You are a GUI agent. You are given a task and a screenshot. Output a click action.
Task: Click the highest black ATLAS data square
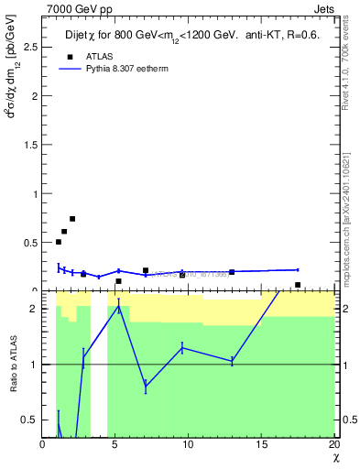(x=72, y=219)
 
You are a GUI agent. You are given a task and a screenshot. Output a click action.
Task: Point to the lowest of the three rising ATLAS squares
(x=59, y=242)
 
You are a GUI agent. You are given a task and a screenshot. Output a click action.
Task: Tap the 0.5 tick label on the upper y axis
(x=28, y=243)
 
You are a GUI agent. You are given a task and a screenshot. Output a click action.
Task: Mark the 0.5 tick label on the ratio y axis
(x=28, y=420)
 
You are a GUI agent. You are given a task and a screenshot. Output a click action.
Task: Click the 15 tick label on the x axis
(x=260, y=445)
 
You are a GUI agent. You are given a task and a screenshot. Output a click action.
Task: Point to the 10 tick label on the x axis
(x=188, y=445)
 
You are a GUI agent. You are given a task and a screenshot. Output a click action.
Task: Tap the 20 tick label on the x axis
(x=333, y=445)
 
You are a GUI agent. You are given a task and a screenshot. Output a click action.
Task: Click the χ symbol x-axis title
(x=334, y=458)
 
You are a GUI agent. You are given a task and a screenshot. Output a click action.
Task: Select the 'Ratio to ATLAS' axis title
(x=14, y=365)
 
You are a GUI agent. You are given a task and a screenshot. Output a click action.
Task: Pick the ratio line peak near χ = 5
(x=118, y=307)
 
